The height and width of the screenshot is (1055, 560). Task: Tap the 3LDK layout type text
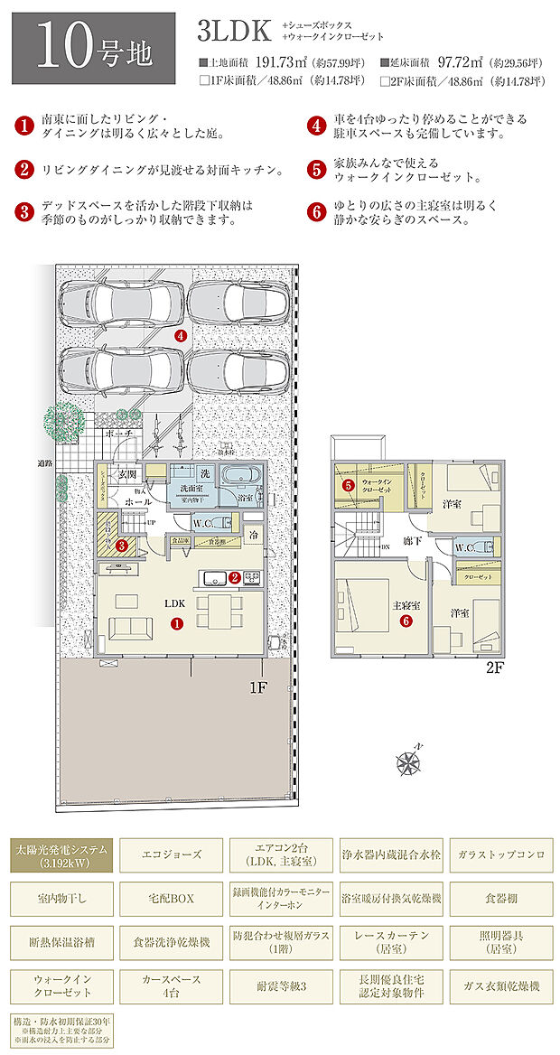pos(234,33)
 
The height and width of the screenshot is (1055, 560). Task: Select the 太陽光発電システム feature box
pos(62,855)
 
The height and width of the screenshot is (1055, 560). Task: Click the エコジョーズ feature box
pos(172,854)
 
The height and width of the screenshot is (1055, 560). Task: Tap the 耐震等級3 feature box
pos(281,986)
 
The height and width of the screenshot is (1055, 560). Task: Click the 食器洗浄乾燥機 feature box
pos(172,942)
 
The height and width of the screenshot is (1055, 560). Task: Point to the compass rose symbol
pos(411,763)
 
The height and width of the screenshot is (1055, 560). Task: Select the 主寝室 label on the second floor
pos(402,605)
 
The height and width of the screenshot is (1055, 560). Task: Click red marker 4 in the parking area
pos(182,335)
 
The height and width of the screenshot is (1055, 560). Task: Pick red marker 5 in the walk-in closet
pos(348,485)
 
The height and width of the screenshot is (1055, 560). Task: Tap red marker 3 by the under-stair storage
pos(121,545)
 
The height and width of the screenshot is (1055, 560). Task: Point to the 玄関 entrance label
pos(126,473)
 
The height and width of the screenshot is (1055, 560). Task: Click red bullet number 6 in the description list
pos(316,213)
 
